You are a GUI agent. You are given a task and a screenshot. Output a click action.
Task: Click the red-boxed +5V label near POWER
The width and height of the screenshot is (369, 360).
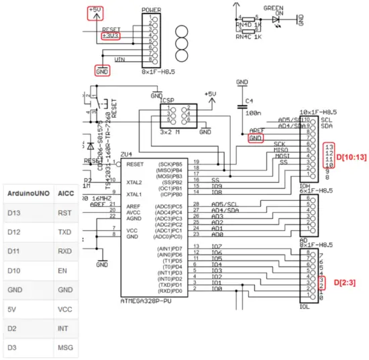(97, 12)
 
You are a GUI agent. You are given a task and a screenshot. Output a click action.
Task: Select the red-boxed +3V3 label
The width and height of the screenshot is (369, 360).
(110, 36)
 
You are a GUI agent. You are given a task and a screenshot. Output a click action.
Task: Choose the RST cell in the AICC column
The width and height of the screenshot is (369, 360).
(66, 213)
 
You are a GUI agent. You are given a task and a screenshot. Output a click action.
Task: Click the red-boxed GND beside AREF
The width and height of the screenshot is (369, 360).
(255, 138)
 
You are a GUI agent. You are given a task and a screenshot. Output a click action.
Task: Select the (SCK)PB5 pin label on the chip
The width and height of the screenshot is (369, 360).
(169, 164)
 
